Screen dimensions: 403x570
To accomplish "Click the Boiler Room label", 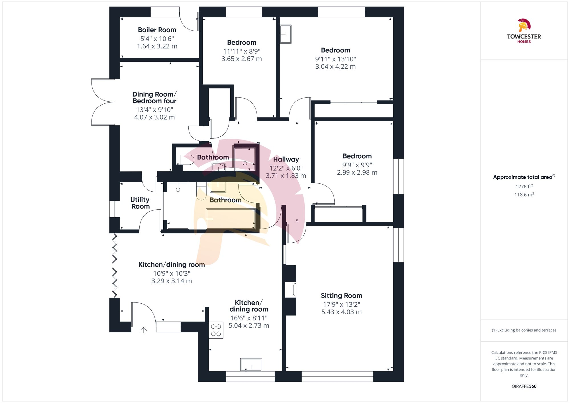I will pos(157,30).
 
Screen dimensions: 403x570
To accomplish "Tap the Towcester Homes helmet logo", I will pos(524,25).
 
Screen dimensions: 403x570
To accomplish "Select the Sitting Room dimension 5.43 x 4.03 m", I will pos(341,312).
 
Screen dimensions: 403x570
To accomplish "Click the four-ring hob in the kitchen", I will pos(216,330).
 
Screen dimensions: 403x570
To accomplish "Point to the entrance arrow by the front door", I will pos(144,330).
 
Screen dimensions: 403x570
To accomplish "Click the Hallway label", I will pos(286,159).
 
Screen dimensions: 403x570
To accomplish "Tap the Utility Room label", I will pos(140,203).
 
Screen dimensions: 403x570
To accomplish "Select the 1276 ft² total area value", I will pos(524,187).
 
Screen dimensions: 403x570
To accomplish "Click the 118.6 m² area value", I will pos(524,195).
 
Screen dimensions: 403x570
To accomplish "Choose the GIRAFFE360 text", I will pos(524,386).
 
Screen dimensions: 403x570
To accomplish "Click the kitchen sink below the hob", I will pos(251,365).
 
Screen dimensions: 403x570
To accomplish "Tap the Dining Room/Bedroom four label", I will pos(154,97).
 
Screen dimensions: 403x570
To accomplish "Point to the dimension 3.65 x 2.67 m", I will pos(241,59).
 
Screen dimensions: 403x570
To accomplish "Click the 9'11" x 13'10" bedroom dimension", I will pos(335,59).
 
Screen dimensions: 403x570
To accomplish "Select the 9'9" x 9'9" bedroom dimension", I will pos(357,165).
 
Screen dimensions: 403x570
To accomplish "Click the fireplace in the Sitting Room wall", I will pos(291,290).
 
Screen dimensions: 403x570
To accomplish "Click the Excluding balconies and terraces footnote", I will pos(524,330).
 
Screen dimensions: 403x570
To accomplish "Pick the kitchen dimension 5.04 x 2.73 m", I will pos(249,326).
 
